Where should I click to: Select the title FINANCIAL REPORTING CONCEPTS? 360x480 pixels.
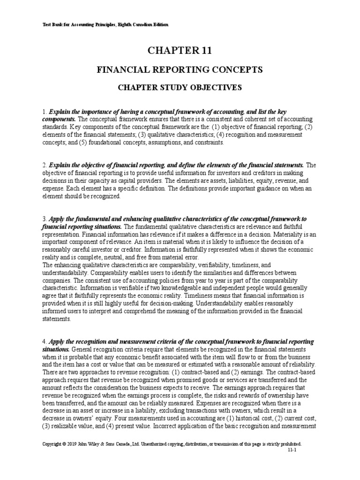(180, 70)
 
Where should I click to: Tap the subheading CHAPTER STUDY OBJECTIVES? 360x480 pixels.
(180, 87)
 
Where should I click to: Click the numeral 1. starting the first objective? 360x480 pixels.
(44, 113)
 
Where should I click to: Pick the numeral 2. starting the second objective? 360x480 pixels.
(44, 165)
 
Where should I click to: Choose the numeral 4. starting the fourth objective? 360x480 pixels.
(44, 341)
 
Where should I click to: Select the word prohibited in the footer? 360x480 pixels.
(290, 443)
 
